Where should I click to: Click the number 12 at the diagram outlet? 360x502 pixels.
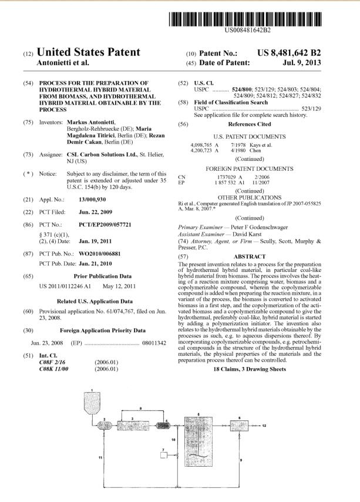(264, 424)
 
